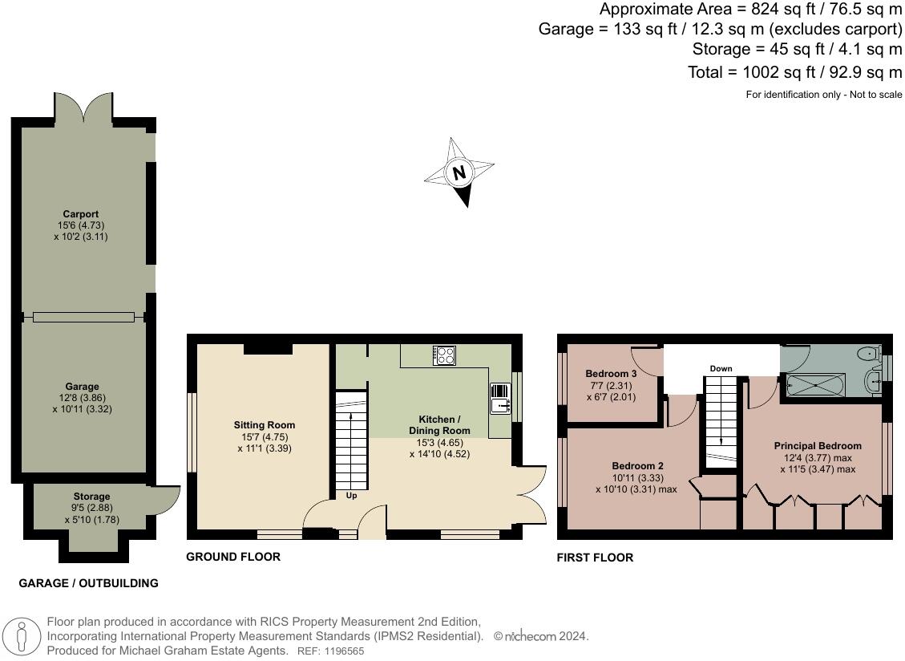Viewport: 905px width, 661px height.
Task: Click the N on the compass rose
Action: coord(459,172)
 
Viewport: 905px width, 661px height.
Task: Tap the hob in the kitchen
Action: coord(444,355)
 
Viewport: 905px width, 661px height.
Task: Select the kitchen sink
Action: coord(500,399)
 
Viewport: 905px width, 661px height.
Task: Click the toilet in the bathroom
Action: coord(869,353)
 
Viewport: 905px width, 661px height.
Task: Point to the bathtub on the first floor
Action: coord(816,385)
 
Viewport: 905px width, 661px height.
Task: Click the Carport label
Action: coord(81,214)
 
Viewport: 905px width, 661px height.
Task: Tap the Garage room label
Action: coord(82,387)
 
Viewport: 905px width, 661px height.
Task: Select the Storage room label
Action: coord(91,497)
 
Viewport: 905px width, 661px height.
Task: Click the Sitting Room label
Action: coord(265,425)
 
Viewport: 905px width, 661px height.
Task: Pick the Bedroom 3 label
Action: coord(612,374)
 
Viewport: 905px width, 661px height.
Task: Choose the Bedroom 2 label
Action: coord(638,466)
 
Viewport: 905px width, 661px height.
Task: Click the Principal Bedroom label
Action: coord(818,446)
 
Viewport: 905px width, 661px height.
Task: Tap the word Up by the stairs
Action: coord(351,496)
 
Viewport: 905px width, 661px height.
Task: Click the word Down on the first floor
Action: coord(721,369)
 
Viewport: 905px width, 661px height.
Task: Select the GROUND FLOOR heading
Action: coord(233,557)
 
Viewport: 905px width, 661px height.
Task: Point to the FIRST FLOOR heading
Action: coord(595,558)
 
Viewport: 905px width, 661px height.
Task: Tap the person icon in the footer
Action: coord(22,637)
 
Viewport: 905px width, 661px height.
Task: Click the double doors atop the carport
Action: coord(83,108)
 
